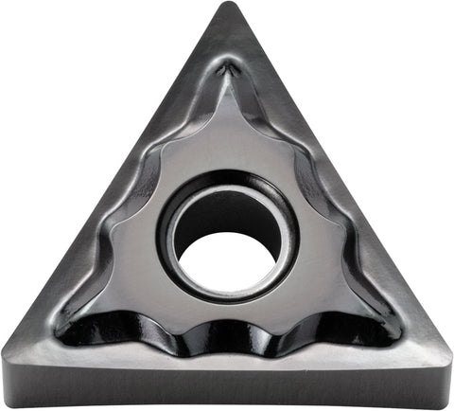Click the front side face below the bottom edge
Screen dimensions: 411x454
coord(227,390)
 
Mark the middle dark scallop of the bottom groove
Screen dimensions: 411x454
coord(227,336)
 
